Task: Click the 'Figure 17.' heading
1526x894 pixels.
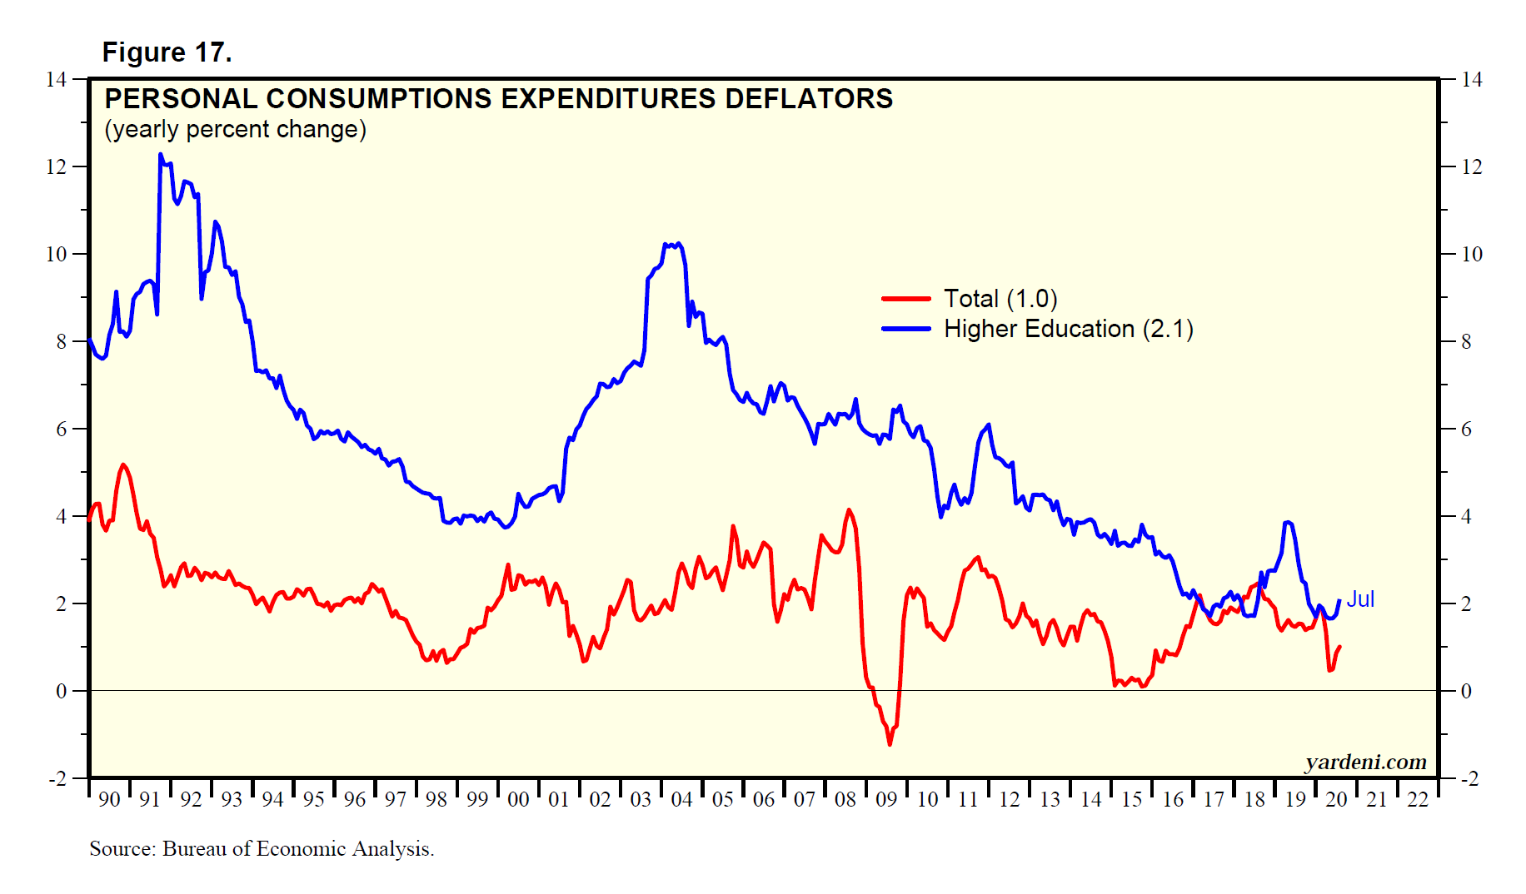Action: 167,52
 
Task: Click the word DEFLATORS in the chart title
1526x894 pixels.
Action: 809,99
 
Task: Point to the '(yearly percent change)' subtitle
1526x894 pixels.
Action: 235,130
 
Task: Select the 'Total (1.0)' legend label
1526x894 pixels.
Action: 1000,298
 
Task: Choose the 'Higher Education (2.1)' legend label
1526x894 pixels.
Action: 1068,329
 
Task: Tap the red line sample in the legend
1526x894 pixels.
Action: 906,298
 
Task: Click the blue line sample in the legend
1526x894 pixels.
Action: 906,329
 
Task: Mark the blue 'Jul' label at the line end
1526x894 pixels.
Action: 1360,599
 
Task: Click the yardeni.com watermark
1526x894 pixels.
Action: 1365,762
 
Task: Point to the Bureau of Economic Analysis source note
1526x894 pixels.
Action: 262,848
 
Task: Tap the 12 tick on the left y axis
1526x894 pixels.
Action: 56,166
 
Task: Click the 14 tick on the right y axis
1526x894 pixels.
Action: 1472,79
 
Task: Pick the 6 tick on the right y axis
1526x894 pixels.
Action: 1467,429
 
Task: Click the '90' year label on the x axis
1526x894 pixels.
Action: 109,799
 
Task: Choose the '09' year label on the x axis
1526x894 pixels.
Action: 886,799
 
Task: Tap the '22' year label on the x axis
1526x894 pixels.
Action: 1418,799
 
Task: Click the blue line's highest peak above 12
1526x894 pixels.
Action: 161,155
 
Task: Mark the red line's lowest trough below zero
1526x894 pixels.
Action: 890,743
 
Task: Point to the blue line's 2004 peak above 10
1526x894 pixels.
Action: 679,244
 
